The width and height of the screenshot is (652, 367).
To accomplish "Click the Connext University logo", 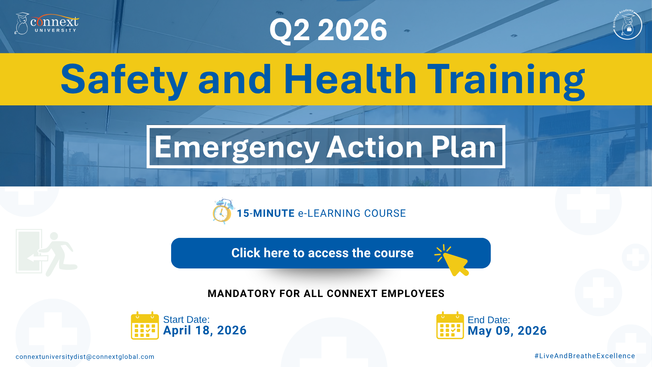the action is pyautogui.click(x=47, y=23).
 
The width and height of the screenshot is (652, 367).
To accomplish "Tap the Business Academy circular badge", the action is pyautogui.click(x=627, y=24).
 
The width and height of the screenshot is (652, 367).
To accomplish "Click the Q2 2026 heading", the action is pyautogui.click(x=328, y=30).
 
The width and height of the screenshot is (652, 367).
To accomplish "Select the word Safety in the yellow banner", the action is pyautogui.click(x=124, y=80).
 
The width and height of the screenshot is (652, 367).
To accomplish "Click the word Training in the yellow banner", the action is pyautogui.click(x=506, y=81).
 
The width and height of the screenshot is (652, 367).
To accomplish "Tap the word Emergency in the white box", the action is pyautogui.click(x=237, y=147).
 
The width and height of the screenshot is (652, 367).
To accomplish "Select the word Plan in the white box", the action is pyautogui.click(x=464, y=147).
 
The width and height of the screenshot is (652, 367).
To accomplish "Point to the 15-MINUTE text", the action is pyautogui.click(x=266, y=213).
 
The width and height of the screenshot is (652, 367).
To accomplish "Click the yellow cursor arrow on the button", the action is pyautogui.click(x=453, y=260).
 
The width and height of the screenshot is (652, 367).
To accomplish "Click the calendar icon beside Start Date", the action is pyautogui.click(x=145, y=326).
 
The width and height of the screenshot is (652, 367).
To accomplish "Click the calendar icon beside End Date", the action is pyautogui.click(x=450, y=326).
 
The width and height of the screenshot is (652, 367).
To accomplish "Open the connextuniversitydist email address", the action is pyautogui.click(x=85, y=357).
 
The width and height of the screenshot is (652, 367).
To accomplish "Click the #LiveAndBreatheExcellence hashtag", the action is pyautogui.click(x=585, y=356).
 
